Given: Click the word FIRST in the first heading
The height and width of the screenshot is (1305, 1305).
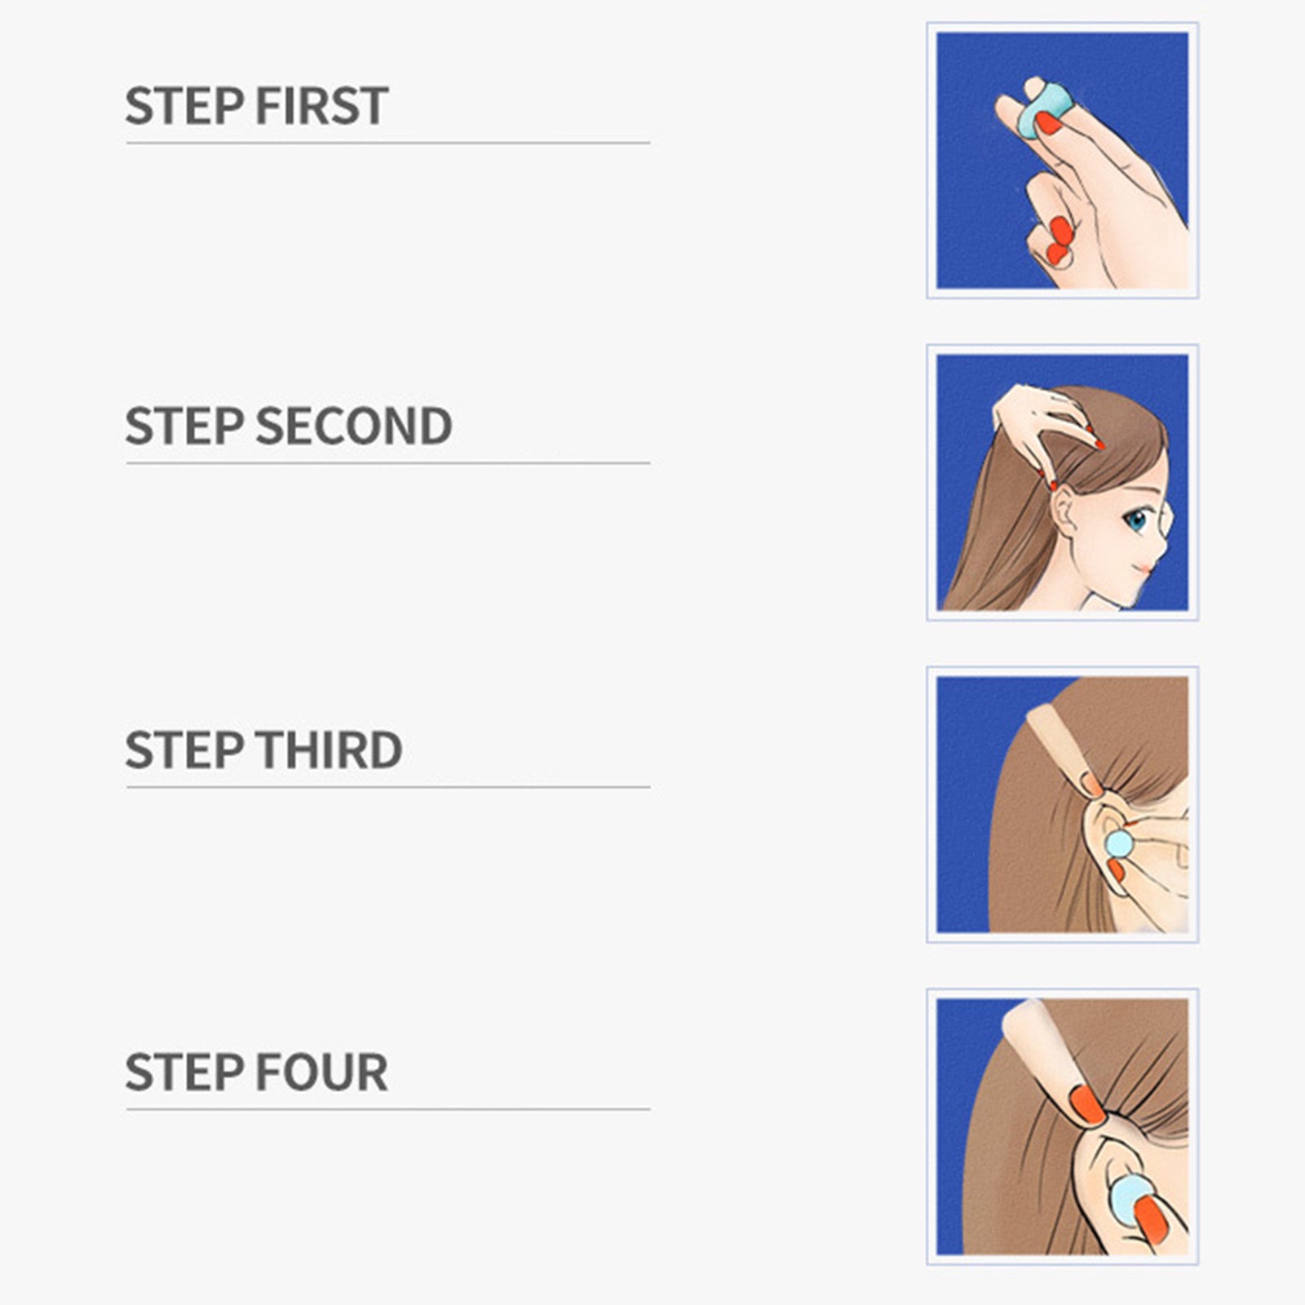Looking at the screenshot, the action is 321,106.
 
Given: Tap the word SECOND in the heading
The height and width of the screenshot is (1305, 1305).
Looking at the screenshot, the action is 353,426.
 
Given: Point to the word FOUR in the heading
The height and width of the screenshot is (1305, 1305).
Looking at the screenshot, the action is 321,1072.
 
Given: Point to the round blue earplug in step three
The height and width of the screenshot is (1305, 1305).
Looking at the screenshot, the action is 1117,843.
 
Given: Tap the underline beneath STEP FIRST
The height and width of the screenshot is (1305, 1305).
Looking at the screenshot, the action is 387,143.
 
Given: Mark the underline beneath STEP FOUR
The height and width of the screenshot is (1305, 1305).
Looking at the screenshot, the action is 387,1108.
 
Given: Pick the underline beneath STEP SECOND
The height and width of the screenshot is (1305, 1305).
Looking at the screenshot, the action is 387,462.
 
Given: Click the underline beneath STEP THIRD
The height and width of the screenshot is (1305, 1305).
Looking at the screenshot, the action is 387,786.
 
